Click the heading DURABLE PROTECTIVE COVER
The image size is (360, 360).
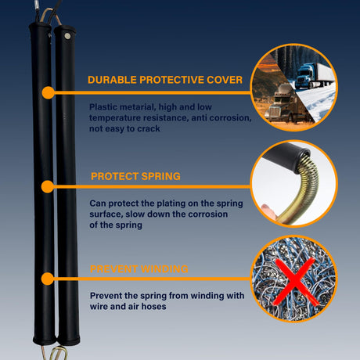point(165,80)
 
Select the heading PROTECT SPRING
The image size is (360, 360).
point(135,176)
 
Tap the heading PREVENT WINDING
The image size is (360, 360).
point(139,269)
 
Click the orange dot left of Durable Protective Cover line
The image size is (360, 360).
point(48,92)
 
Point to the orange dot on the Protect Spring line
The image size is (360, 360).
point(48,186)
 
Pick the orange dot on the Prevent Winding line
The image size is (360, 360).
point(48,279)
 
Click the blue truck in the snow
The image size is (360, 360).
point(315,76)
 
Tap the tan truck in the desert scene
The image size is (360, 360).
point(284,104)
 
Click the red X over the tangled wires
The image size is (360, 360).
point(295,281)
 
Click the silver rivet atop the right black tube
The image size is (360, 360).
point(67,36)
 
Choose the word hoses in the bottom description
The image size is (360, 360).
point(153,307)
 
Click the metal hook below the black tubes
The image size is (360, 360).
point(58,353)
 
